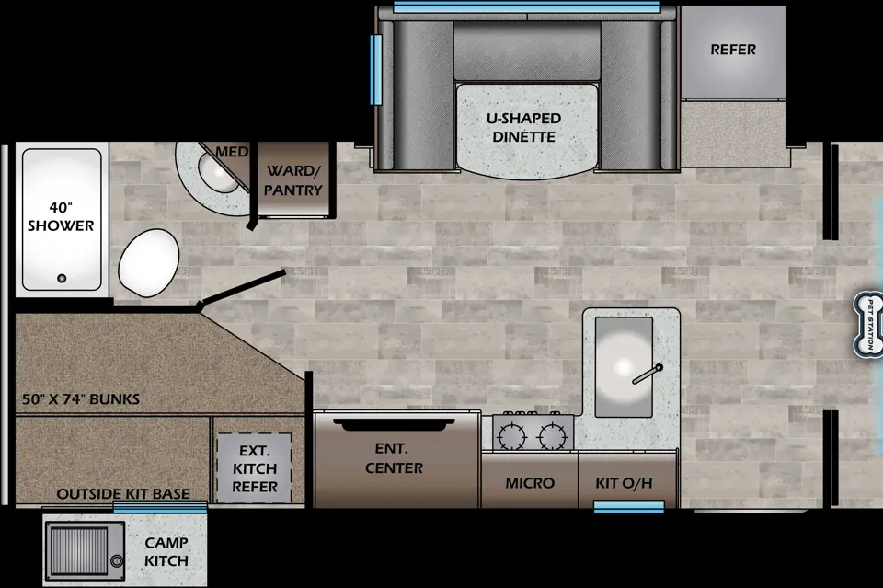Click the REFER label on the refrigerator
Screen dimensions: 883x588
(733, 50)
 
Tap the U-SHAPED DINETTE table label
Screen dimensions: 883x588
(523, 127)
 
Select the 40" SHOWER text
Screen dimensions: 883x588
(61, 217)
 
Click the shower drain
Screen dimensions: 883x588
(62, 278)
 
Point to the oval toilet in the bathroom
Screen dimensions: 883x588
(149, 262)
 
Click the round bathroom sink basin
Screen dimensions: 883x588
(216, 174)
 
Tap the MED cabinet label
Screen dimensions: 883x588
(232, 152)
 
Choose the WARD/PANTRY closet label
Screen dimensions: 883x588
(292, 180)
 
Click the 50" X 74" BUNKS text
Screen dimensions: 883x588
(81, 399)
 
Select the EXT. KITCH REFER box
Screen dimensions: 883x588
(255, 468)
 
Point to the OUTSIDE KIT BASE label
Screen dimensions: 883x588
(122, 494)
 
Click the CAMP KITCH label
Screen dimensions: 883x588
(166, 551)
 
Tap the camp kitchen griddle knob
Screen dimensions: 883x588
(117, 560)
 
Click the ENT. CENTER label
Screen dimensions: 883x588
(394, 458)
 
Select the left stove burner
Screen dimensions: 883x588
(512, 435)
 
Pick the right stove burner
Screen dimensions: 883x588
(552, 435)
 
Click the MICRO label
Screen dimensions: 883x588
(530, 483)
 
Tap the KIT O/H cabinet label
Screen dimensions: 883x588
(624, 483)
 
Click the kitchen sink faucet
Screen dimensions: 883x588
(647, 375)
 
